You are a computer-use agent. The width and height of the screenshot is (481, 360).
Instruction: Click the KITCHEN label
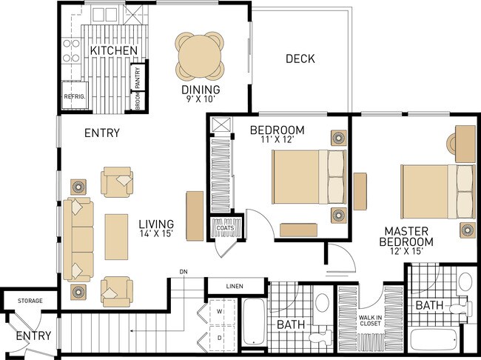(x=114, y=50)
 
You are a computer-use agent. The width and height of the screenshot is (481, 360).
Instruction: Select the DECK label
(x=300, y=59)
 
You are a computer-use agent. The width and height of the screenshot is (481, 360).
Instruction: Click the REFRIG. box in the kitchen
(x=75, y=96)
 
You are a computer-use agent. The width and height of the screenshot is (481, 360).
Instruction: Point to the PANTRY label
(x=138, y=78)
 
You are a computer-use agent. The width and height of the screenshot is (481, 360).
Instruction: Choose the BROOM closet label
(x=138, y=101)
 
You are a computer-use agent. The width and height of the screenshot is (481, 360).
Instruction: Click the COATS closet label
(x=225, y=228)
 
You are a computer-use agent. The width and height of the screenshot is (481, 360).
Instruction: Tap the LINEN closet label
(x=235, y=286)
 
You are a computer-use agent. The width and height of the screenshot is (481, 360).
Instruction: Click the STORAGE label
(x=30, y=301)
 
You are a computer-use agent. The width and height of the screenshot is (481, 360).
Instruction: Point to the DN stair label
(x=184, y=272)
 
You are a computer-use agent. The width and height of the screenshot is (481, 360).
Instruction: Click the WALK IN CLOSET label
(x=371, y=321)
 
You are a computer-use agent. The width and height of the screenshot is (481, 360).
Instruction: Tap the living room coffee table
(x=116, y=237)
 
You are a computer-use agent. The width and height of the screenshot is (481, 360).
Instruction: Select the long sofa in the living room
(x=78, y=239)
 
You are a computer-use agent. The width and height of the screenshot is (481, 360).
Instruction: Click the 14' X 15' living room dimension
(x=156, y=234)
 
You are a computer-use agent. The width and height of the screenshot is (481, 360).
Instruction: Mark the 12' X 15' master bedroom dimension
(x=406, y=251)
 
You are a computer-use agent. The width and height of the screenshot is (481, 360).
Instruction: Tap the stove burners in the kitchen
(x=71, y=50)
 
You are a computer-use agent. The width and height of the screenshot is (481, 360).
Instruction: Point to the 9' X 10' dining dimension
(x=201, y=99)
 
